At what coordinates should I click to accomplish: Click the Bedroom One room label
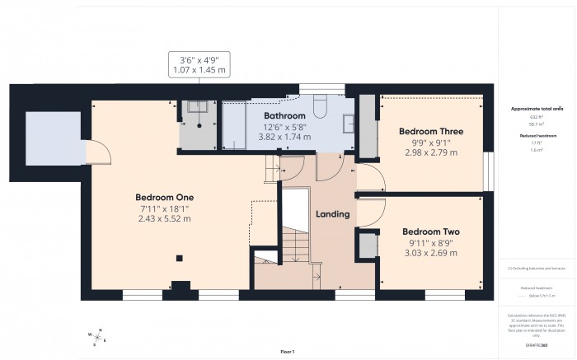point(165,197)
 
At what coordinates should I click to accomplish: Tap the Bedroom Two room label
point(429,231)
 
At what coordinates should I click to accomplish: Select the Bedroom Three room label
point(431,131)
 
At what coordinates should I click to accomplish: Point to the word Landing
point(333,214)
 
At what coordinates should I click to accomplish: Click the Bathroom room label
point(284,116)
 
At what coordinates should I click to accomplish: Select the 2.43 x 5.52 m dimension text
point(165,219)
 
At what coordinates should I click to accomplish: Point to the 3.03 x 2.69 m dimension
point(429,254)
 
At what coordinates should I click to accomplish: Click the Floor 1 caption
point(288,352)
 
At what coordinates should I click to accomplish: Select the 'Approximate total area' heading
point(537,108)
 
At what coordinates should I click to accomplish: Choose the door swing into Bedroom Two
point(368,210)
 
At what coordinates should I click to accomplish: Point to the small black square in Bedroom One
point(179,258)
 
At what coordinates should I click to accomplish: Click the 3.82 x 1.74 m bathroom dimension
point(284,137)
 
